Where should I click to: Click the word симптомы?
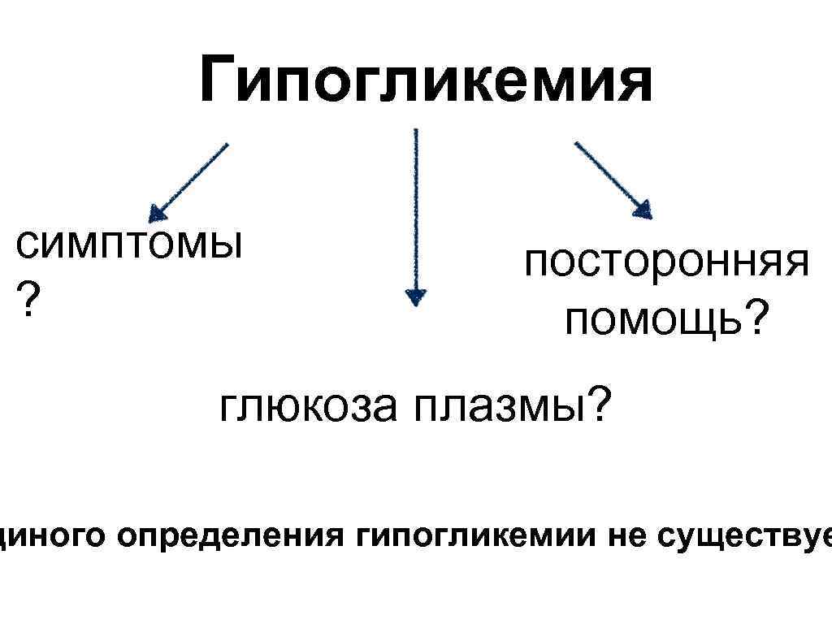pyautogui.click(x=128, y=244)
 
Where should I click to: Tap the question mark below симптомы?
pyautogui.click(x=28, y=301)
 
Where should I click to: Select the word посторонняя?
pyautogui.click(x=665, y=265)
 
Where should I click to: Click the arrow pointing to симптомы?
pyautogui.click(x=190, y=181)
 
